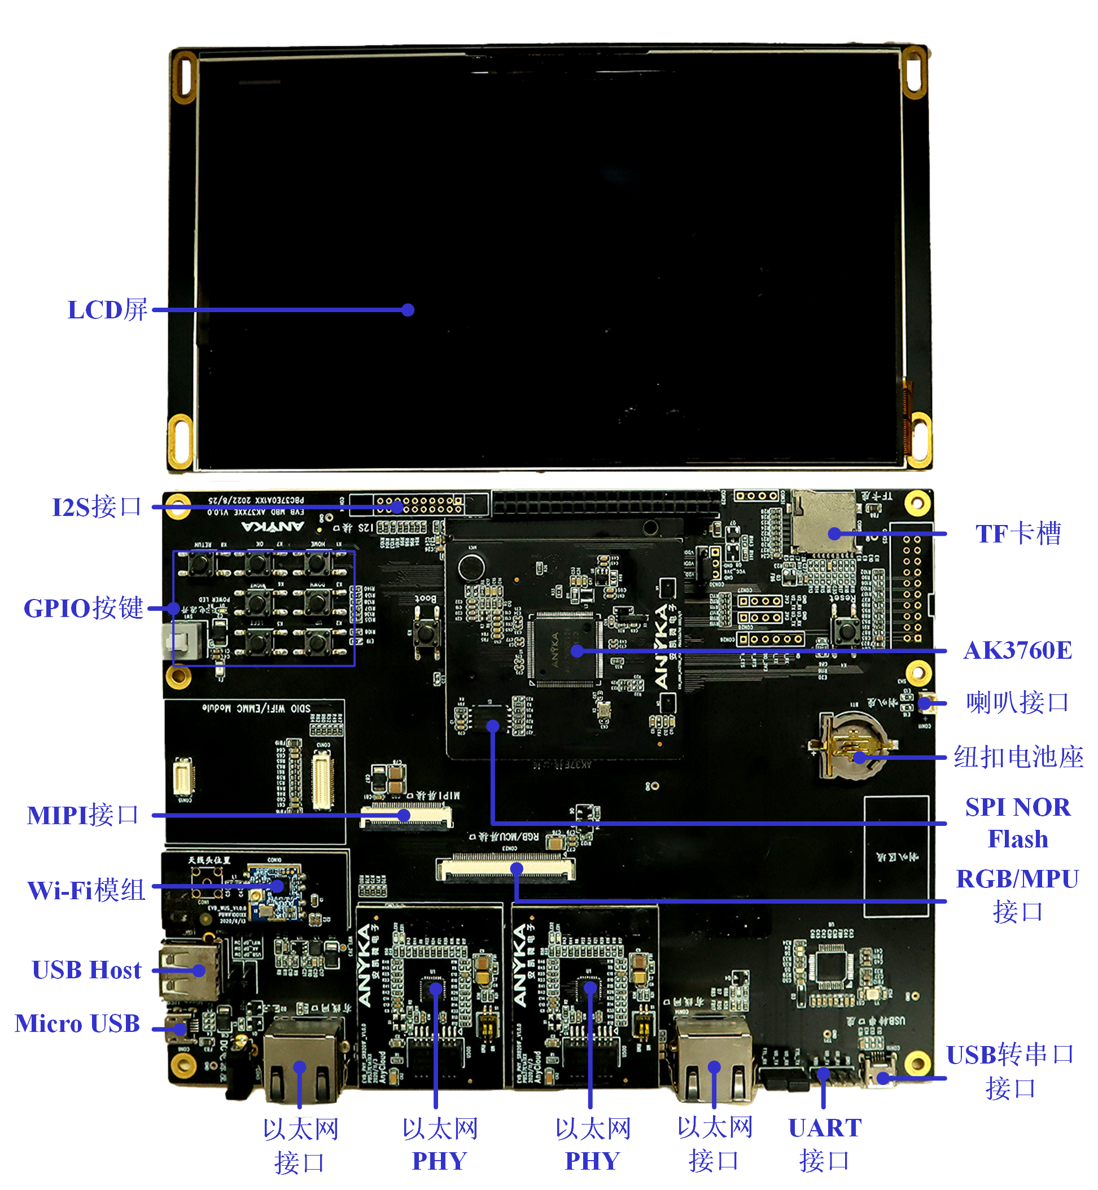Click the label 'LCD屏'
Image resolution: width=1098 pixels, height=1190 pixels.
click(107, 310)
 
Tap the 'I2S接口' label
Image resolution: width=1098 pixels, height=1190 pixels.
click(97, 508)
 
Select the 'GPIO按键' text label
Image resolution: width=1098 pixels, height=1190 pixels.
click(83, 609)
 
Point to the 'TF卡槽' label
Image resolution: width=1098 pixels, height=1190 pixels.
click(1018, 533)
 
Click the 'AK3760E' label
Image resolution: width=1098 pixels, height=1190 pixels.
click(1018, 650)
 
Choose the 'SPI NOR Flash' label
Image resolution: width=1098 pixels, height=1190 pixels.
click(1018, 823)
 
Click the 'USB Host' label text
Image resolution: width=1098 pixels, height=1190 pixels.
click(87, 970)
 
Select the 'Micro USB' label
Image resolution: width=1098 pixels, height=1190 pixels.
click(77, 1023)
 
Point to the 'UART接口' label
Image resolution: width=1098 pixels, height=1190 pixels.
click(825, 1144)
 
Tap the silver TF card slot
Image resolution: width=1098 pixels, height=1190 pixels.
click(823, 523)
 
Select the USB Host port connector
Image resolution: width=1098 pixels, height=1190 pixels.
click(189, 970)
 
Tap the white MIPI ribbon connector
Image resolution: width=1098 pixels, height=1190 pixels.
click(406, 816)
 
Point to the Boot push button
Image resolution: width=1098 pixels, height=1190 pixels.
click(426, 633)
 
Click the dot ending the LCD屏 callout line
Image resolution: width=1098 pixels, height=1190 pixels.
click(408, 310)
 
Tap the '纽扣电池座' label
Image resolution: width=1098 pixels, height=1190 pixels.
click(1018, 758)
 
